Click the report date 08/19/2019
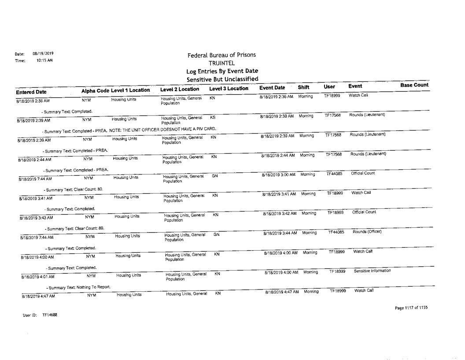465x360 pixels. point(42,54)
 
